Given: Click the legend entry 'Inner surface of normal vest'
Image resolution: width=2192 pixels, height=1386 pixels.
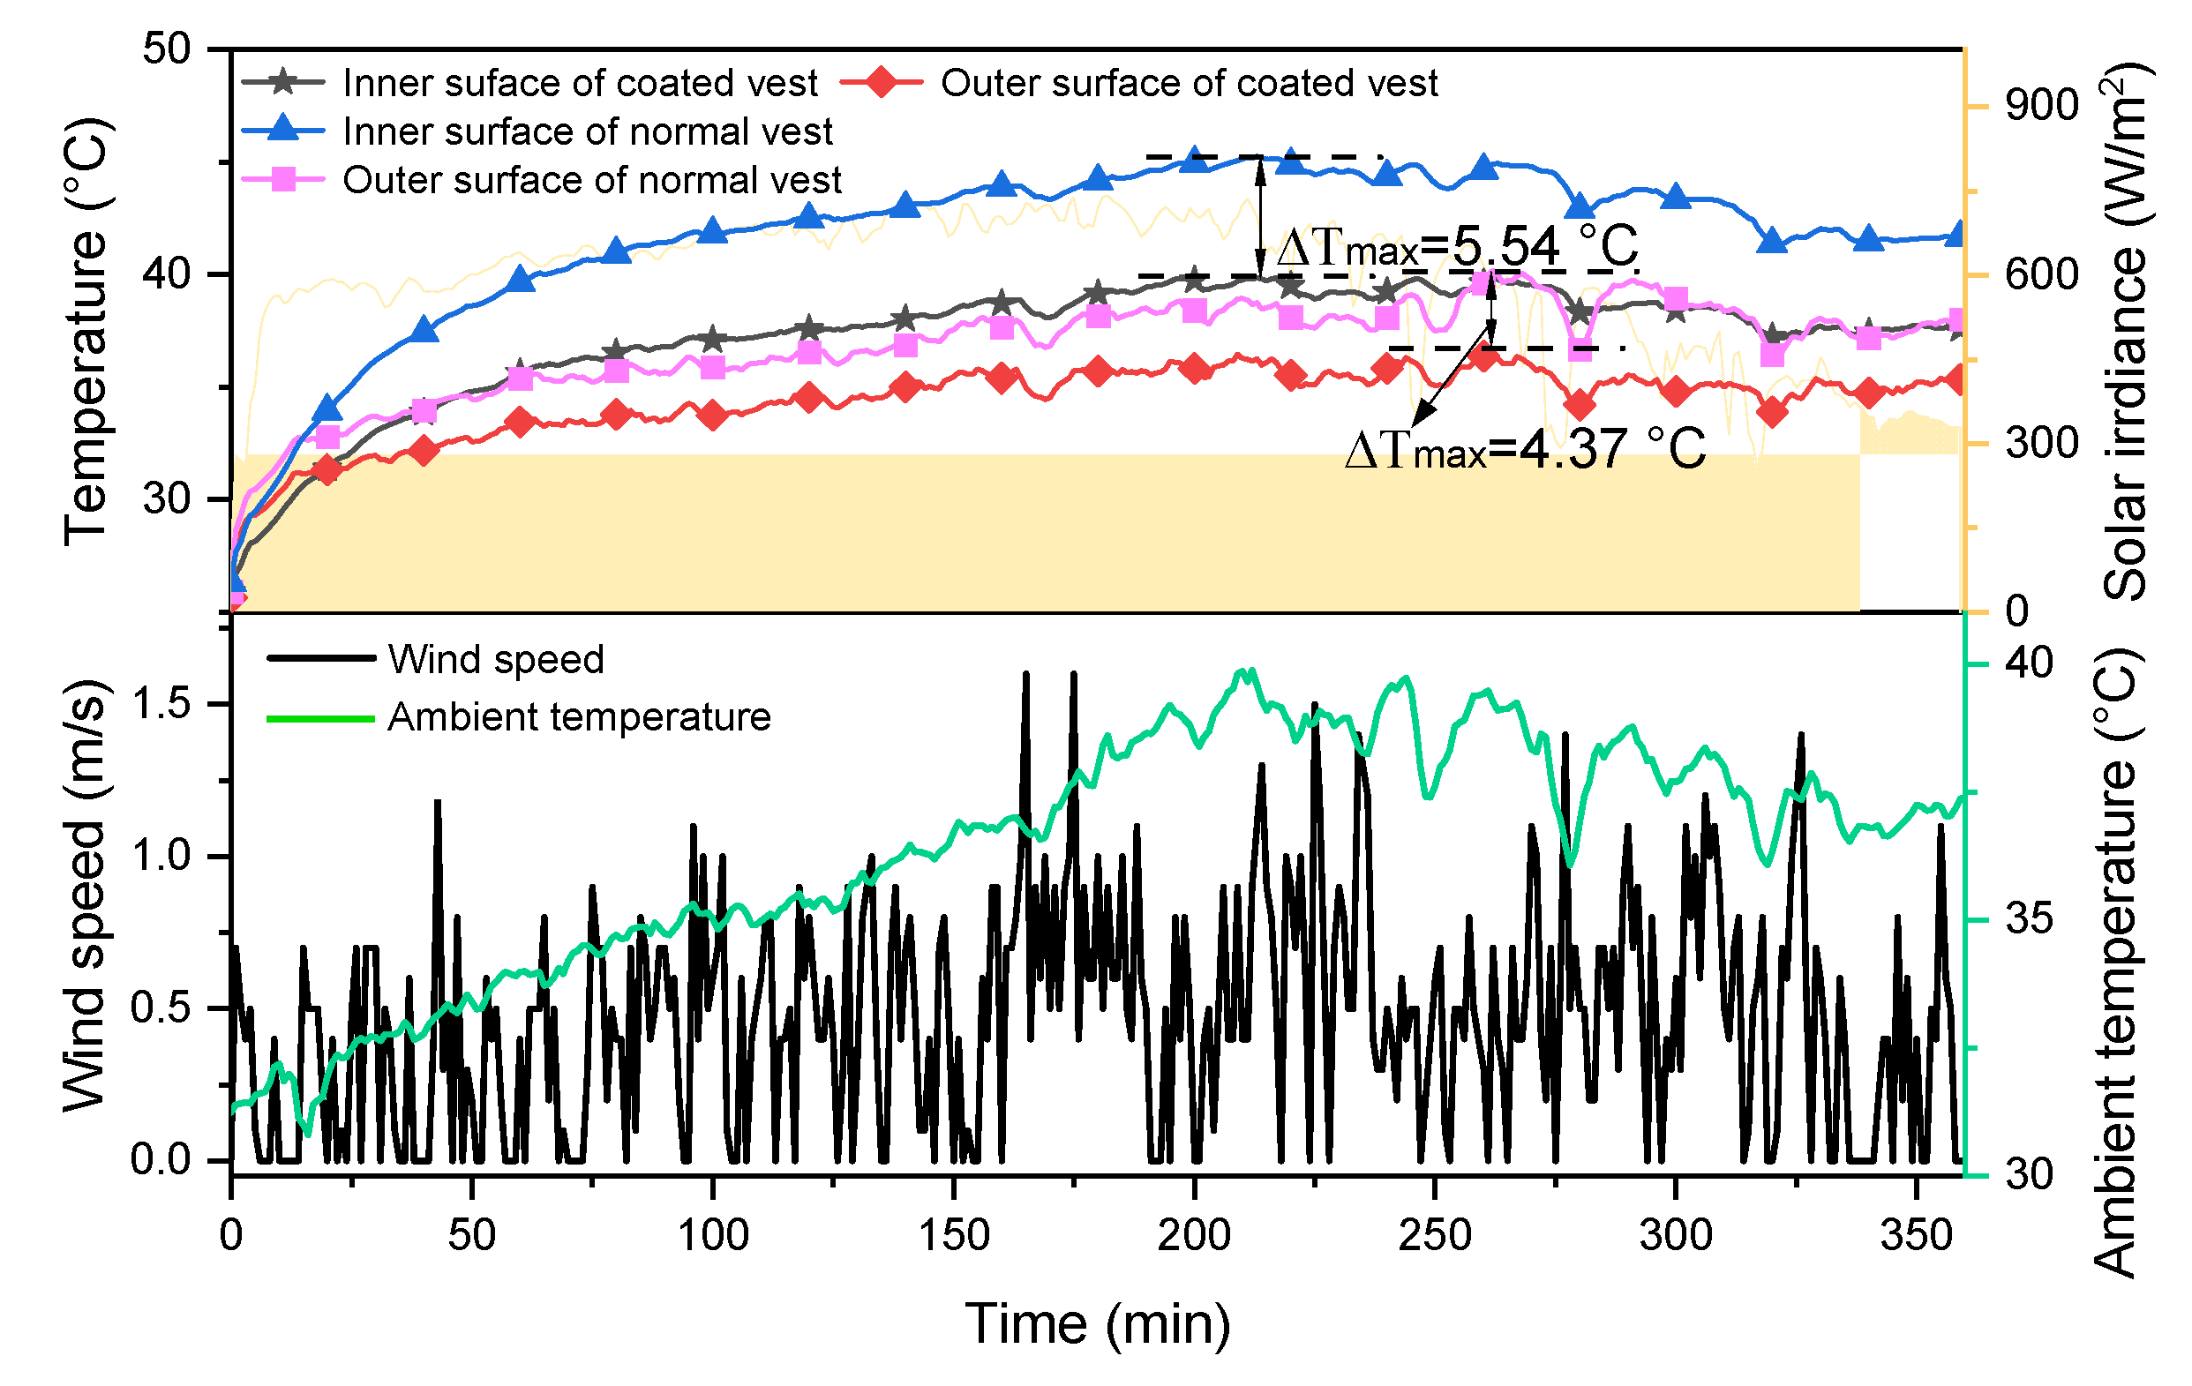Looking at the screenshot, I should tap(587, 132).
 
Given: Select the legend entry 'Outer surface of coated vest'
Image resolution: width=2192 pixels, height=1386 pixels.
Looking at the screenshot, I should tap(1188, 84).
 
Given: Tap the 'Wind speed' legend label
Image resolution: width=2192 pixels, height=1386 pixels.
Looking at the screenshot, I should tap(496, 660).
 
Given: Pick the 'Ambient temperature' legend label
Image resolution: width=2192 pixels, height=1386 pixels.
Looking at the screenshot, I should tap(579, 717).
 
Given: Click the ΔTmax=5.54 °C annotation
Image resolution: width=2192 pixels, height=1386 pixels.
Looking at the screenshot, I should tap(1456, 248).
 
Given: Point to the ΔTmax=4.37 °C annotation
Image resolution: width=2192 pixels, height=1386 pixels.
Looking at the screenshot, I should tap(1525, 450).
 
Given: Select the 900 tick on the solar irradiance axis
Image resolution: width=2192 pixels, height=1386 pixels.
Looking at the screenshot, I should tap(2041, 107).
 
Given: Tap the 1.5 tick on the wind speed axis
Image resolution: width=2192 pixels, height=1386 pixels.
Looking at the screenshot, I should tap(161, 704).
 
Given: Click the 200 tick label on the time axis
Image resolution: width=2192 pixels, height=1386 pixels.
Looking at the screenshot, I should tap(1193, 1236).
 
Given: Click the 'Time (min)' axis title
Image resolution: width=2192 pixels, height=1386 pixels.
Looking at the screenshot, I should tap(1097, 1323).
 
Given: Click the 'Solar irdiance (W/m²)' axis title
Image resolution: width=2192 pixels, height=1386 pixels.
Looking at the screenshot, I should tap(2126, 333).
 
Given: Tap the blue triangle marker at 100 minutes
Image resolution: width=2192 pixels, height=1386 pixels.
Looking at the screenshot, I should tap(713, 230).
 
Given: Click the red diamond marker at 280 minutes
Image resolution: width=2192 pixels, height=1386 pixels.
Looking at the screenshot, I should tap(1580, 406).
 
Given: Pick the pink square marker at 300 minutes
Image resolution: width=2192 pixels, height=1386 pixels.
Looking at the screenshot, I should tap(1676, 299).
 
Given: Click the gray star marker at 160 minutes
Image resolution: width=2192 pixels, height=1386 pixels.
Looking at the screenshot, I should tap(1002, 302).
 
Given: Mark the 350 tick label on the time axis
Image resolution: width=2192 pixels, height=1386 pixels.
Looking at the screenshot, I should tap(1916, 1236).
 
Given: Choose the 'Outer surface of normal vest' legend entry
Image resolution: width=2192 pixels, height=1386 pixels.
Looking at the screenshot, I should tap(592, 180).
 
